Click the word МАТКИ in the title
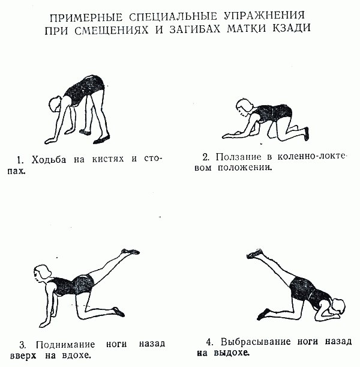(248, 28)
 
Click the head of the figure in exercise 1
(55, 106)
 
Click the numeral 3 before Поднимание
(22, 345)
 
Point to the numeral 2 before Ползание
(205, 157)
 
